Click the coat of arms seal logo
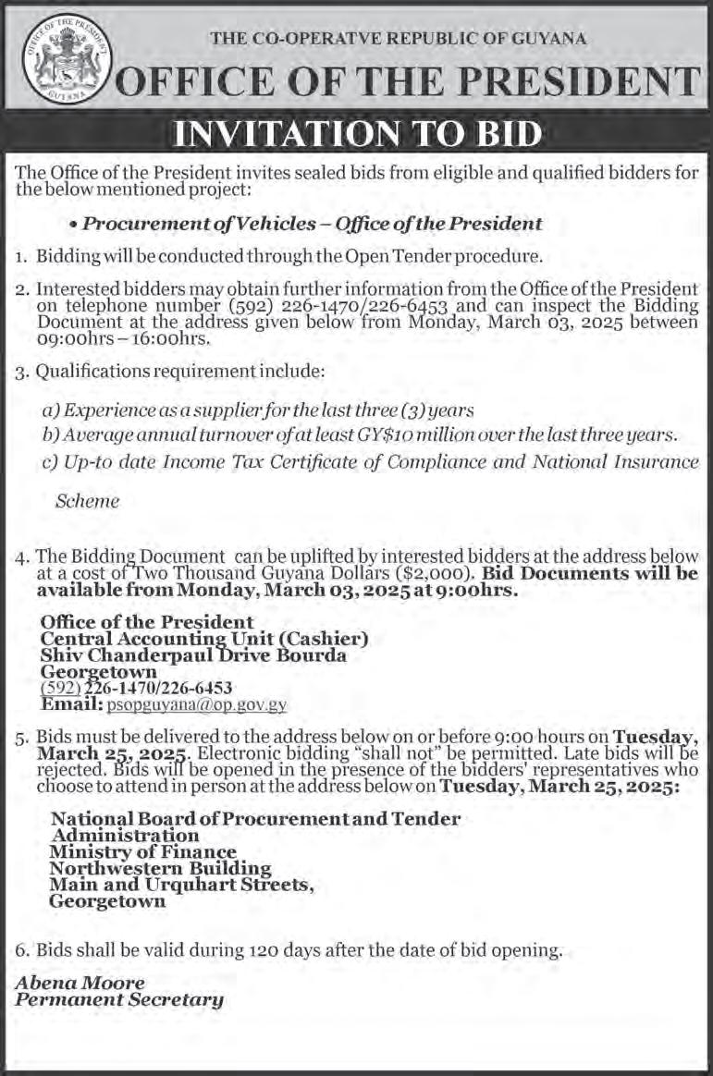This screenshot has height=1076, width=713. coord(65,57)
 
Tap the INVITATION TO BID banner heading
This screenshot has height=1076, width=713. coord(357,135)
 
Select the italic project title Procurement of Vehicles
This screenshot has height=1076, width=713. coord(312,224)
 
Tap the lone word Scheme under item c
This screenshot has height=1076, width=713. coord(88,501)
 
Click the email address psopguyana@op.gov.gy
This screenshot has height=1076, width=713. coord(196,704)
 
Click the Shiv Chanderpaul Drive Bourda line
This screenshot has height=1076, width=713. coord(193,655)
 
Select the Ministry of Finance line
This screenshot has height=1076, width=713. coord(142,852)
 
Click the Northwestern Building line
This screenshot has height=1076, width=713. coord(160,869)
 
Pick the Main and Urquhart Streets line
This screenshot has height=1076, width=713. coord(181,885)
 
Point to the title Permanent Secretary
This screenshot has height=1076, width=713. coord(118,999)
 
